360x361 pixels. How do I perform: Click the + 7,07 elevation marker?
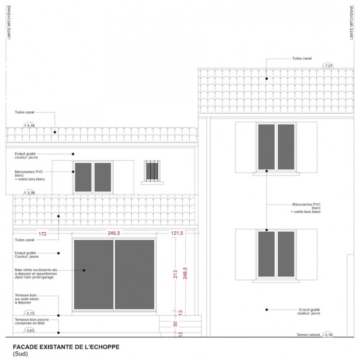(328, 66)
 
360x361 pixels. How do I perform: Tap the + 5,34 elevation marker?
(29, 125)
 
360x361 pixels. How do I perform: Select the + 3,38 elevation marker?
(30, 193)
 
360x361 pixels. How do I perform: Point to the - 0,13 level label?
(29, 313)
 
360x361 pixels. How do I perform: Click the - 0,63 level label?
(29, 330)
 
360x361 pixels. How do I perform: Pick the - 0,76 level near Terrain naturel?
(328, 335)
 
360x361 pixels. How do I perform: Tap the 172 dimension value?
(43, 234)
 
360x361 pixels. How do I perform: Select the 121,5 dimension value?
(177, 233)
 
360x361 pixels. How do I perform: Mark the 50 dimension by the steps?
(175, 324)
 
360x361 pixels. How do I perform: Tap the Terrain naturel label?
(307, 335)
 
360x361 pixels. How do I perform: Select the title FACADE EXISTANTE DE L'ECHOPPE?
(65, 347)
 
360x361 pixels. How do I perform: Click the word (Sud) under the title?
(20, 354)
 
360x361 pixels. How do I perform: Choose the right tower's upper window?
(276, 147)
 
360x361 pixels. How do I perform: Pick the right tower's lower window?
(276, 254)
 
